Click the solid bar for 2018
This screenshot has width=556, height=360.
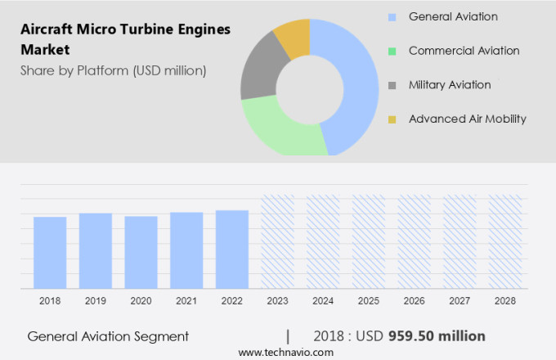pyautogui.click(x=50, y=253)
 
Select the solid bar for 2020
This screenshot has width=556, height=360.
pyautogui.click(x=141, y=252)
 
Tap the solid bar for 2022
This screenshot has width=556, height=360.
pyautogui.click(x=232, y=250)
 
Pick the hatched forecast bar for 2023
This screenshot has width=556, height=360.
pyautogui.click(x=277, y=241)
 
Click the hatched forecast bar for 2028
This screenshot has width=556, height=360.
pyautogui.click(x=504, y=241)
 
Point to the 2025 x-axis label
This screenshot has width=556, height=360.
pyautogui.click(x=368, y=301)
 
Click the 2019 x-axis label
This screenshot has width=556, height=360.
pyautogui.click(x=96, y=301)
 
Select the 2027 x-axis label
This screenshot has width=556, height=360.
pyautogui.click(x=460, y=301)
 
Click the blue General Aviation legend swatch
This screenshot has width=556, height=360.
pyautogui.click(x=392, y=16)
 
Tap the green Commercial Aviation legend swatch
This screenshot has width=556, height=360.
pyautogui.click(x=392, y=51)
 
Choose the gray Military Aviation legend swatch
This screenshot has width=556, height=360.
pyautogui.click(x=392, y=85)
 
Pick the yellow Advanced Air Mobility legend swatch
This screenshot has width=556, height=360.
pyautogui.click(x=392, y=119)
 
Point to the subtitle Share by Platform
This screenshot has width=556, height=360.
pyautogui.click(x=114, y=70)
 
